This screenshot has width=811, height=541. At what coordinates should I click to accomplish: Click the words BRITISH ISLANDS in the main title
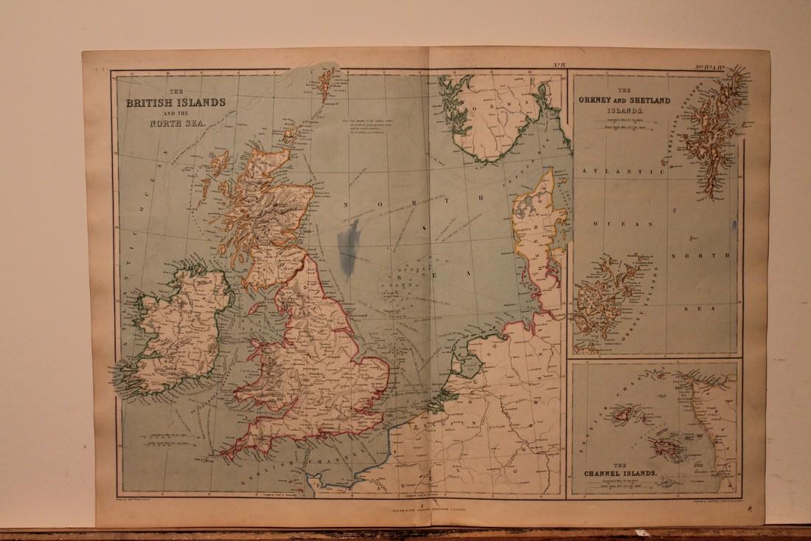tap(175, 103)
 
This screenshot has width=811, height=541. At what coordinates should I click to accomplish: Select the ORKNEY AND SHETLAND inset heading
tap(624, 100)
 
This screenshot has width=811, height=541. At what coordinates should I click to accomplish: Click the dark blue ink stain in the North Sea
tap(347, 244)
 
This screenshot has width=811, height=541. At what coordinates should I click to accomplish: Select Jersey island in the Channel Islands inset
tap(658, 447)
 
